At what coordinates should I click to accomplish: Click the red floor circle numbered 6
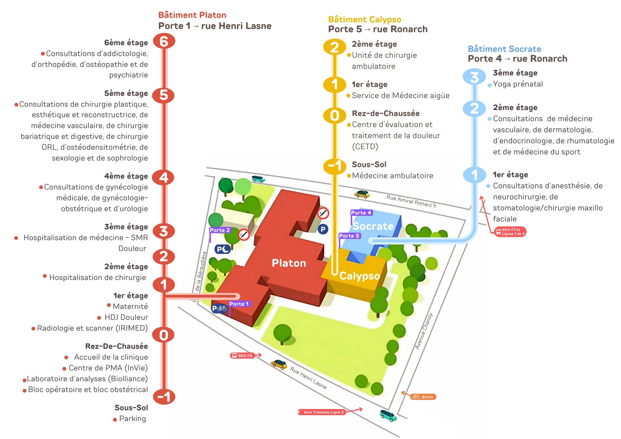(x=164, y=41)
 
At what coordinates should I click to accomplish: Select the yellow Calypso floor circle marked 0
(x=335, y=116)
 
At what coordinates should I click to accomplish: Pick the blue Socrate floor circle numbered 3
(x=474, y=77)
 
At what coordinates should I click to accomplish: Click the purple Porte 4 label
(x=361, y=213)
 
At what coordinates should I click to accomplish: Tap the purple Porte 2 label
(x=220, y=230)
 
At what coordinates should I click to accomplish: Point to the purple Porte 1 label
(x=239, y=304)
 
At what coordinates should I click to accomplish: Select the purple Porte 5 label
(x=349, y=236)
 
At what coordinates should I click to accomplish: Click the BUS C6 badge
(x=243, y=355)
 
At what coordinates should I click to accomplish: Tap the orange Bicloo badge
(x=423, y=397)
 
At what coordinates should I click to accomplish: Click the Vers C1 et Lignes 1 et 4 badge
(x=510, y=232)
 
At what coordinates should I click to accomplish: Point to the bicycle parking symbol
(x=219, y=308)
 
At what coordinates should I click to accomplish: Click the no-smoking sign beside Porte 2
(x=243, y=235)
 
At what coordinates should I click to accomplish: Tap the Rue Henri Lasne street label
(x=308, y=378)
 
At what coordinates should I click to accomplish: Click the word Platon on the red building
(x=289, y=263)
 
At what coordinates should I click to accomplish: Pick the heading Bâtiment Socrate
(x=504, y=49)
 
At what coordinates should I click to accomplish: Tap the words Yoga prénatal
(x=518, y=84)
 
